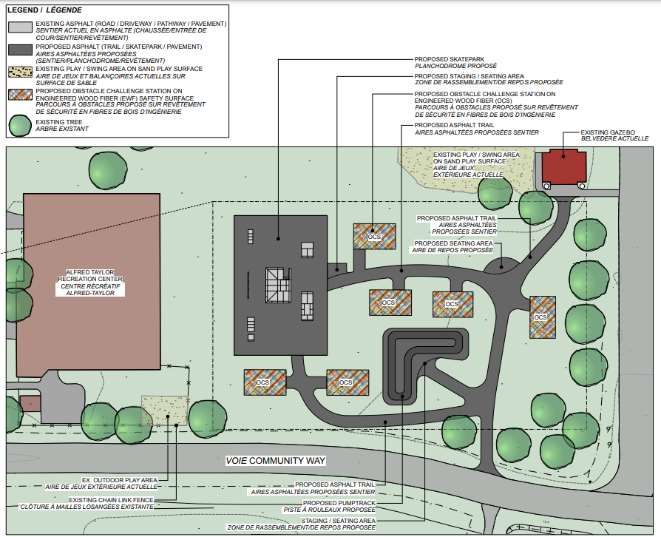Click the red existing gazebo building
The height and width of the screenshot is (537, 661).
(563, 168)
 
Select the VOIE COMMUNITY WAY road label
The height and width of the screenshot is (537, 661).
(275, 461)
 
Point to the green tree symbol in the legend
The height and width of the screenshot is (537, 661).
(21, 125)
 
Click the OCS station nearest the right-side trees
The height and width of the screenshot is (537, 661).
(541, 317)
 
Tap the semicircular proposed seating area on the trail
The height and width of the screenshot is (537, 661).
(500, 264)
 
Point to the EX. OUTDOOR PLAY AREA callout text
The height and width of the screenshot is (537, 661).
(120, 483)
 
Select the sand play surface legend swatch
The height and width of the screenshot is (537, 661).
(21, 72)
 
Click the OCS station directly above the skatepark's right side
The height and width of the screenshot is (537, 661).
(374, 236)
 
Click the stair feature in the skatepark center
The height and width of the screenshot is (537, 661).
(279, 284)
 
